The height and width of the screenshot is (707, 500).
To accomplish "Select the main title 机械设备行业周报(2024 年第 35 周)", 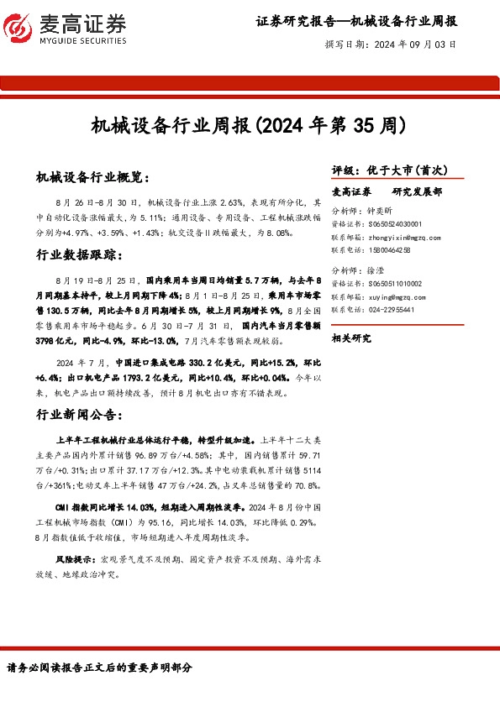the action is [250, 127].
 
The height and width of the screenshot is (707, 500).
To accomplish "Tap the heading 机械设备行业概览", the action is [92, 178].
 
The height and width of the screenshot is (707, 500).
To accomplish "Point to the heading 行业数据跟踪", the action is [81, 254].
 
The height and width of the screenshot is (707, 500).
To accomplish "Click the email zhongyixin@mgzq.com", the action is [404, 238].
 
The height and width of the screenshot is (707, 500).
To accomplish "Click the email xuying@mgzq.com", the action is [397, 297].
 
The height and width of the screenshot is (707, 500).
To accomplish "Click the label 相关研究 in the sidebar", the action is [351, 338].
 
